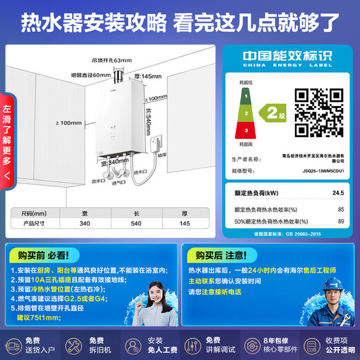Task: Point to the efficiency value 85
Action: pyautogui.click(x=341, y=209)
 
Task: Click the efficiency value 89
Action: pyautogui.click(x=341, y=221)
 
